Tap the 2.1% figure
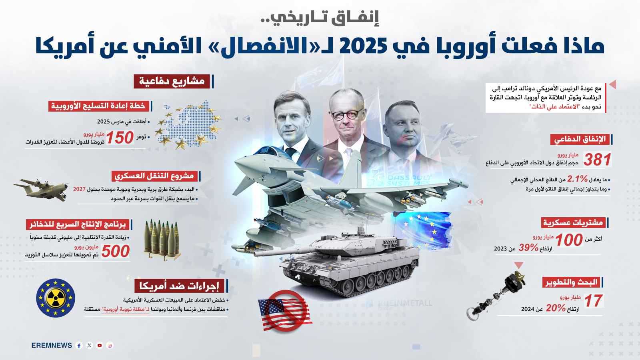click(x=577, y=179)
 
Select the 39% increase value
click(x=528, y=248)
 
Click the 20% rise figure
click(x=556, y=308)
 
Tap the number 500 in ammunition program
click(x=116, y=252)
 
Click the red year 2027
click(x=79, y=189)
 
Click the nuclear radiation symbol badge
click(x=55, y=298)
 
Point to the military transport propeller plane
click(x=41, y=189)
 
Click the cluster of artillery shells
click(x=161, y=237)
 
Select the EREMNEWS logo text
click(x=52, y=346)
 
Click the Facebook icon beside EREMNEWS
click(x=79, y=346)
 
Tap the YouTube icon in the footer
click(x=100, y=346)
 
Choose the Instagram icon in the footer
click(x=110, y=346)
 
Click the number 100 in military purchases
click(x=569, y=240)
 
